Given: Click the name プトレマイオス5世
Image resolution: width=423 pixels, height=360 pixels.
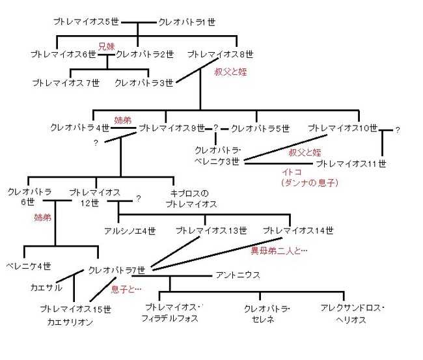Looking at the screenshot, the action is click(86, 21).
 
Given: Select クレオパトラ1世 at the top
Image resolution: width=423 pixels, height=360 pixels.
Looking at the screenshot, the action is click(187, 22).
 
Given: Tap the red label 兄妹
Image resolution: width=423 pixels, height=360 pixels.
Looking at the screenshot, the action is click(107, 46).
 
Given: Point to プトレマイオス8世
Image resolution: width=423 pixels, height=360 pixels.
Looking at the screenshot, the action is click(221, 54).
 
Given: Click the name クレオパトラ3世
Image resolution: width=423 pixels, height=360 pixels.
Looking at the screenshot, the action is click(144, 83).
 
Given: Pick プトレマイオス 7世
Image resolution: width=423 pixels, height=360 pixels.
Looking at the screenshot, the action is click(66, 83).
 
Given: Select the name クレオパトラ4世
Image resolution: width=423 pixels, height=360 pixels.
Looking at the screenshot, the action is click(79, 127).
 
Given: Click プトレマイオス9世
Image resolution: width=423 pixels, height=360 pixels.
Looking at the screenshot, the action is click(172, 128).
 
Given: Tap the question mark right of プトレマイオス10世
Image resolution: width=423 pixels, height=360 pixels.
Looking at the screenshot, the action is click(398, 130).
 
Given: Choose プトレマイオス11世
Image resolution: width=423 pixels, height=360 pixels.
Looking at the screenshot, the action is click(351, 163).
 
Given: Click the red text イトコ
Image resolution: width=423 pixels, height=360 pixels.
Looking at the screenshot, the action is click(292, 172).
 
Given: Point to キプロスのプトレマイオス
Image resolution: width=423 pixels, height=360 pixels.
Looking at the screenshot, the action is click(191, 199).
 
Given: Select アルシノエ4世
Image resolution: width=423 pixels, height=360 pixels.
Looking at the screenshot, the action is click(130, 231).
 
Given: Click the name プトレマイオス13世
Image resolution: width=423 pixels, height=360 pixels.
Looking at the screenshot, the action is click(211, 230).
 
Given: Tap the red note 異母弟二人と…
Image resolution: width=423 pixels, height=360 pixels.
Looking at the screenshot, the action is click(279, 251).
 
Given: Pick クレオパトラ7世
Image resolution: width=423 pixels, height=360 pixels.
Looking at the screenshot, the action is click(116, 270).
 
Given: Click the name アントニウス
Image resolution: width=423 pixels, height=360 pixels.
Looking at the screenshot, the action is click(238, 275).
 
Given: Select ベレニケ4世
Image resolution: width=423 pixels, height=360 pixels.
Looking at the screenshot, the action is click(29, 266).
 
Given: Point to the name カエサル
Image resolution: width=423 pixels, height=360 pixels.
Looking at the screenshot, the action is click(46, 288).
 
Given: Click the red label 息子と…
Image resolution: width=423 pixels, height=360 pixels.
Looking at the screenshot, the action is click(126, 289).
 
